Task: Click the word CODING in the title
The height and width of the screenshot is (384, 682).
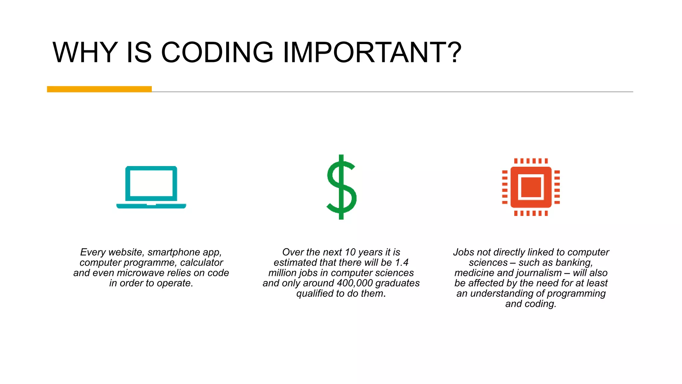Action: (x=217, y=52)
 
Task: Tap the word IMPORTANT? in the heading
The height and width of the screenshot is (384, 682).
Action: (x=372, y=52)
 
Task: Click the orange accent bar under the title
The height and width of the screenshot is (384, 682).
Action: (x=99, y=89)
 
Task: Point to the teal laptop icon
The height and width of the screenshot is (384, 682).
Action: (x=151, y=187)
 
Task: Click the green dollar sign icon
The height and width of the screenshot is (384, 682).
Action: (x=341, y=187)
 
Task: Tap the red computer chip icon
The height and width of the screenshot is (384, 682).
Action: (x=531, y=187)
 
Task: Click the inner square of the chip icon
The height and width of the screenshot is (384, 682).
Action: (x=531, y=187)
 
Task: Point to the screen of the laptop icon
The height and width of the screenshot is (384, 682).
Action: (x=151, y=183)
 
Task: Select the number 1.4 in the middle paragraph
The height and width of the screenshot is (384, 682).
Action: (x=402, y=263)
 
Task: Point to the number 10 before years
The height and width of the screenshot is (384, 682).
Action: (x=350, y=252)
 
